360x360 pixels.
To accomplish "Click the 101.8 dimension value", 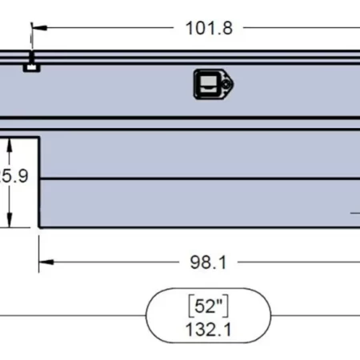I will (x=210, y=29).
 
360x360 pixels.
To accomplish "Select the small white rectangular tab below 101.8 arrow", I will (x=31, y=68).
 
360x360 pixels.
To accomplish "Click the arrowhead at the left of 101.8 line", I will (x=38, y=28).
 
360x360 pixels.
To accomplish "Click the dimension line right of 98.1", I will (x=296, y=261).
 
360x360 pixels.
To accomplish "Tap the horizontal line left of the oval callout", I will (x=72, y=317).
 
